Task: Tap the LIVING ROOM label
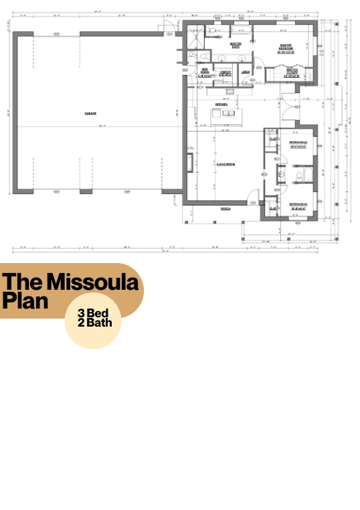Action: tap(225, 163)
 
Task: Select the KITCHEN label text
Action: tap(221, 104)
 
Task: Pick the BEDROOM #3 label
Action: tap(297, 204)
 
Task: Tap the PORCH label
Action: tap(226, 209)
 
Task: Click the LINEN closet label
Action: tap(246, 72)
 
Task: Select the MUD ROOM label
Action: tap(206, 72)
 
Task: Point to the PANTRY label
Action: tap(226, 72)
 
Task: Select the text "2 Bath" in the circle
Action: tap(94, 324)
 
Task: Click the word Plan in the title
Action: tap(25, 301)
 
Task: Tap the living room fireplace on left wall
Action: tap(191, 164)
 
